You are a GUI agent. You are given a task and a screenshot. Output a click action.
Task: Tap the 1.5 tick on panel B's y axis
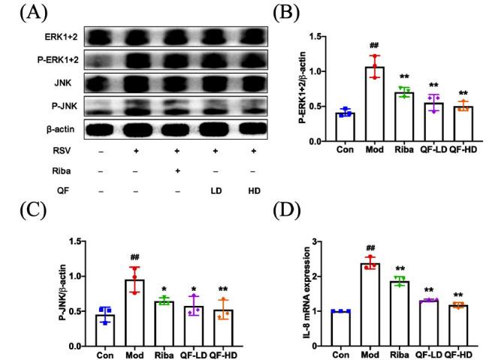(322, 37)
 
